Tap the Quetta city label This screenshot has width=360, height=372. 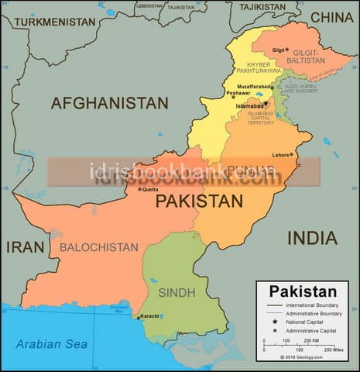point(149,188)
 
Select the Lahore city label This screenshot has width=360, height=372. point(280,154)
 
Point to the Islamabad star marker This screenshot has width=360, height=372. point(266,103)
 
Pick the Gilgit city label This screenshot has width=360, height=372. point(278,50)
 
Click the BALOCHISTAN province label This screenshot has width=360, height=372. point(98,247)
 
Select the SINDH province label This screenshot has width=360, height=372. point(177,292)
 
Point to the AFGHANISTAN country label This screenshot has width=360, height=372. point(109,102)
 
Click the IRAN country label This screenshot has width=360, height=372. point(26,246)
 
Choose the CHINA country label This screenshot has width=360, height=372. point(331,16)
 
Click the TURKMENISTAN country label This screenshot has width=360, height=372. point(54,22)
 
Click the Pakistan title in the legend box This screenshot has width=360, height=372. point(303,292)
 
